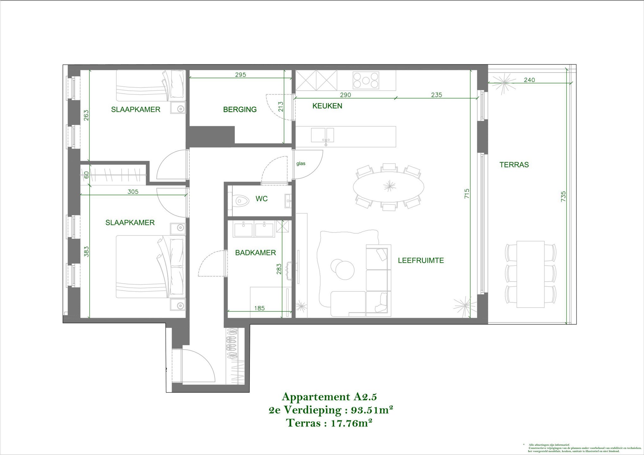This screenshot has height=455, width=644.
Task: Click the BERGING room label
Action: pos(240,110)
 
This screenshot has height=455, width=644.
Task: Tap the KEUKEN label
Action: pos(327,106)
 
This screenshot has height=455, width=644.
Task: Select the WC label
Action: pos(262,199)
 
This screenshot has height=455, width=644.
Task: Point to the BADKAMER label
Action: pos(255,253)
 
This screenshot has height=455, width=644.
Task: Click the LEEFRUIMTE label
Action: pos(421,261)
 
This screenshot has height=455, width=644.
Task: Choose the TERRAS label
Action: pos(514,165)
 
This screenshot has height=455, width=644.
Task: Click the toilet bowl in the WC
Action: pos(242,201)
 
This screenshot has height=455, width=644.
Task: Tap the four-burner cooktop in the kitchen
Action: pos(366,80)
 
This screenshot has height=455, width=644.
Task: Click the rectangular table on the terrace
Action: pos(530,274)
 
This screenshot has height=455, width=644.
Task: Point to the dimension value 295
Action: pos(240,75)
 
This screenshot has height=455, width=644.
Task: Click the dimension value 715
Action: pos(467,193)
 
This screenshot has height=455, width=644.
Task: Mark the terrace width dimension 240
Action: pos(529,80)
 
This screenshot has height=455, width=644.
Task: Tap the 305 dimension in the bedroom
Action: pos(133,192)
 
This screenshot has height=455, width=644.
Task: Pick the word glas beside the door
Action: pos(301,164)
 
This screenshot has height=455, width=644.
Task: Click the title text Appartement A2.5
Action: pos(329,397)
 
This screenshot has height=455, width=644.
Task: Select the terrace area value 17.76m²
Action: pos(351,423)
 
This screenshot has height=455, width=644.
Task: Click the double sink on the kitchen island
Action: pos(322,135)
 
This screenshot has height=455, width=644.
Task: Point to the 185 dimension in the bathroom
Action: pos(259,308)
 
